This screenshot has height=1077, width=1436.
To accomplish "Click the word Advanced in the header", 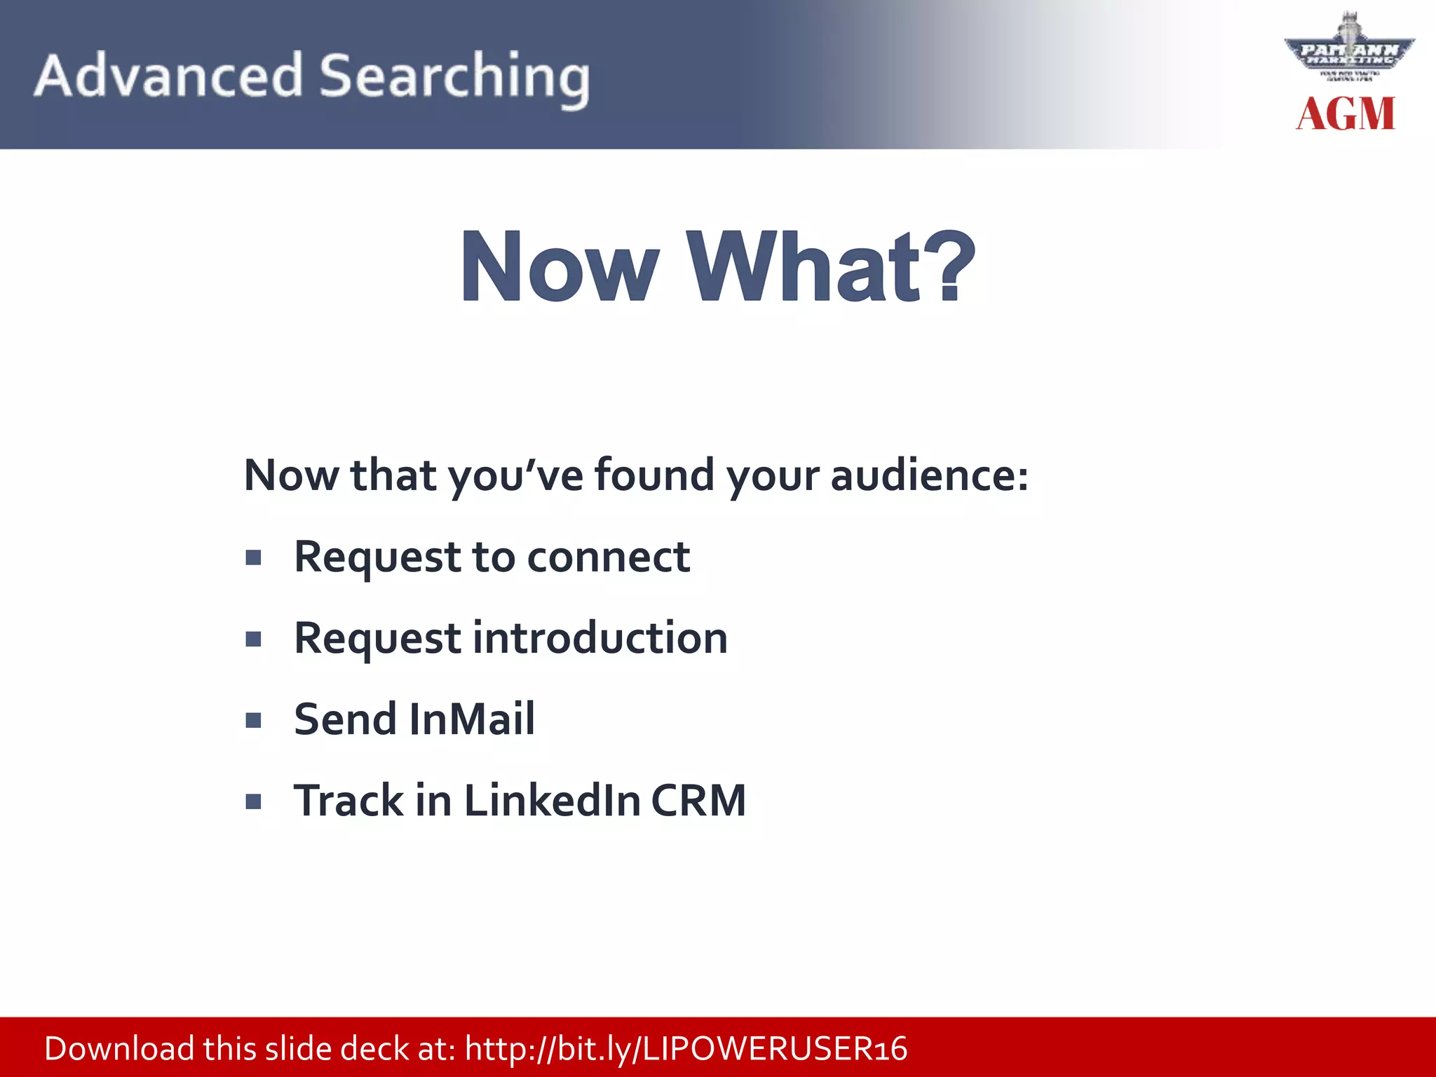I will click(168, 76).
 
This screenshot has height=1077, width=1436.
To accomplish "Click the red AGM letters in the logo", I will click(1346, 114).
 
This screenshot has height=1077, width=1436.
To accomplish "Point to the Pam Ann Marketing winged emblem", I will click(1349, 49).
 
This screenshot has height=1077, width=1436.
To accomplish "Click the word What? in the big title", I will click(830, 268).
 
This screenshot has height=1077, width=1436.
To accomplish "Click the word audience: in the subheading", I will click(930, 475).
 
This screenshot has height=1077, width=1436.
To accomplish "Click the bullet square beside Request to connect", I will click(254, 558).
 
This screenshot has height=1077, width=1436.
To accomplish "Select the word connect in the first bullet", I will click(608, 557).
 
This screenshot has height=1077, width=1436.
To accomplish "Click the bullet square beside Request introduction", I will click(254, 639).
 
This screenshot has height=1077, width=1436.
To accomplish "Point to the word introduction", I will click(600, 638).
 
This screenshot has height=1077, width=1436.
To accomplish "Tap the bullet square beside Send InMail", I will click(254, 720).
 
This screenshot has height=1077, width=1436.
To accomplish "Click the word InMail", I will click(471, 719).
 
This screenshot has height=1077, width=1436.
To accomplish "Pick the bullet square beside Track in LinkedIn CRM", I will click(254, 801).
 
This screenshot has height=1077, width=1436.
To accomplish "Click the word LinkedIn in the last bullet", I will click(552, 801).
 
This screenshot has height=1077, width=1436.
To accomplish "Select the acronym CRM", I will click(698, 801).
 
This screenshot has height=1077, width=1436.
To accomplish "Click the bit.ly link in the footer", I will click(686, 1049).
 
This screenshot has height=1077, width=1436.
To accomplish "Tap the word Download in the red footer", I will click(119, 1049).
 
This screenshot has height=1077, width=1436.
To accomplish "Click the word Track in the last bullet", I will click(348, 801).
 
